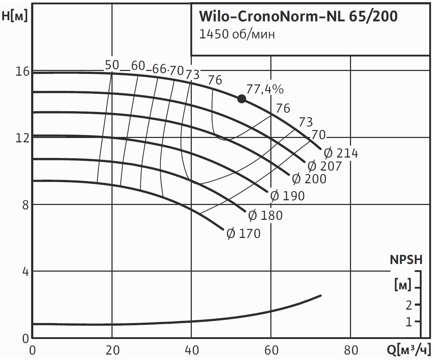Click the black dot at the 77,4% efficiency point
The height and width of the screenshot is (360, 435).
[241, 99]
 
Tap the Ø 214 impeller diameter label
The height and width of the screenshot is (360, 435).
[341, 154]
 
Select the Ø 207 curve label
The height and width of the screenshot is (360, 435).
[325, 166]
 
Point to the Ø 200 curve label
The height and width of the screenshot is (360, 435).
[309, 179]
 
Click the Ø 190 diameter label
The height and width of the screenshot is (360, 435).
[287, 196]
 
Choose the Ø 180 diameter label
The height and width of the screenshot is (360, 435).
[265, 215]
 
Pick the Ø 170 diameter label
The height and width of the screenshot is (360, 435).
[243, 234]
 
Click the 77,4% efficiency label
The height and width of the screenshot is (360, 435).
[265, 89]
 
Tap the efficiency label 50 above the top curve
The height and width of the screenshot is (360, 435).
[112, 65]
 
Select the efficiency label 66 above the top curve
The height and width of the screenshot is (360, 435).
[159, 69]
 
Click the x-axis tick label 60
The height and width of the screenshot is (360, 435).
[271, 351]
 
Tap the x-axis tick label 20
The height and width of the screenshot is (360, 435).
[112, 351]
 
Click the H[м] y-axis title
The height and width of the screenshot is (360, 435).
[14, 16]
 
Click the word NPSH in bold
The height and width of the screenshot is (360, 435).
[406, 260]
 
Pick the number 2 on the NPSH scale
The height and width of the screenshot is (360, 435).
[409, 305]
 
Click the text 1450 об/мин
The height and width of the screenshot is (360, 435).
[237, 34]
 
